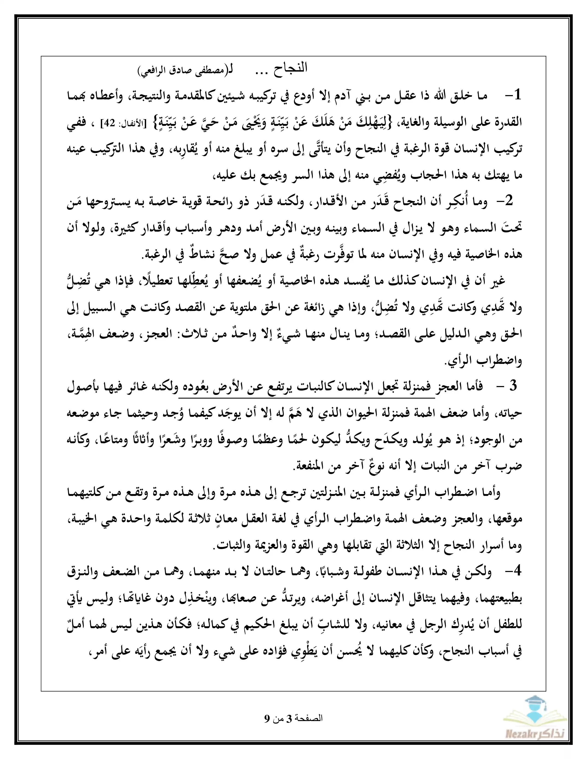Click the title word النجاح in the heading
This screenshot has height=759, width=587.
pyautogui.click(x=290, y=68)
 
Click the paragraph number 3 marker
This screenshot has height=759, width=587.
pyautogui.click(x=513, y=386)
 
